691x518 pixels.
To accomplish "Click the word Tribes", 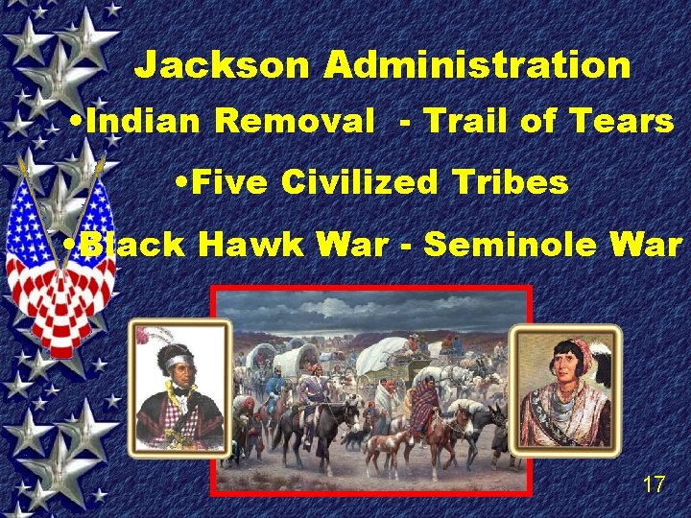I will (519, 182).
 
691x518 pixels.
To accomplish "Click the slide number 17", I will (654, 484).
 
